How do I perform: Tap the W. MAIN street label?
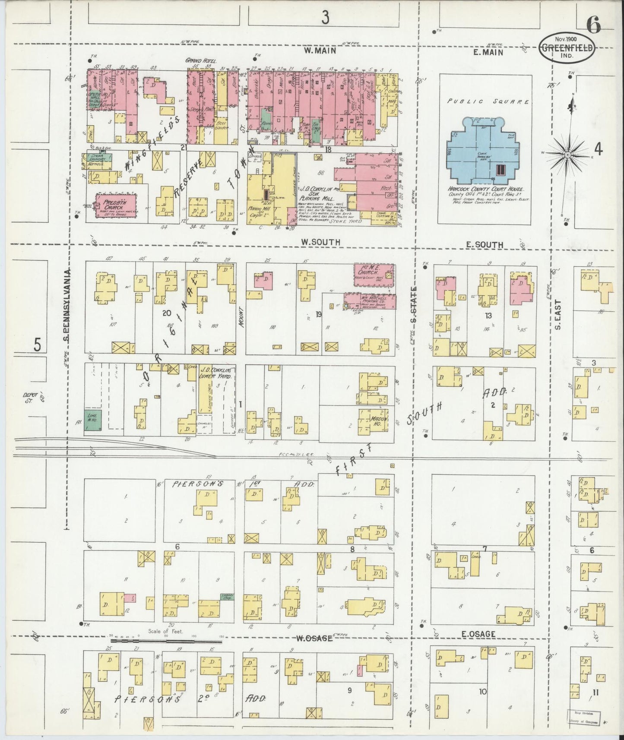(320, 51)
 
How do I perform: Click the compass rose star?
(567, 154)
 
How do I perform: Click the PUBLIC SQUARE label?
(488, 102)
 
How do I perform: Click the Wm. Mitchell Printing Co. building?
(371, 301)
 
